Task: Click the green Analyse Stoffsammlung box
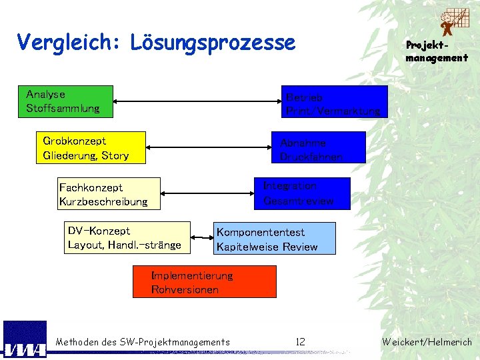(x=69, y=101)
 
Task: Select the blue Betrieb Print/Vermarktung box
(x=334, y=101)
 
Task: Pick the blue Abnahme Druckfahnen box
(x=319, y=147)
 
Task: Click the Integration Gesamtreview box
(x=302, y=193)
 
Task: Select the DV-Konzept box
(x=129, y=238)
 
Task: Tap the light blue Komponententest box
(x=275, y=239)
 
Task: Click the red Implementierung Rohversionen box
(x=204, y=281)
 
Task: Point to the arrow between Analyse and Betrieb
(x=197, y=101)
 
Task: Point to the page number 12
(x=300, y=342)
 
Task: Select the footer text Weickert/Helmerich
(x=427, y=342)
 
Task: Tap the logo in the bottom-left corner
(x=25, y=340)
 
